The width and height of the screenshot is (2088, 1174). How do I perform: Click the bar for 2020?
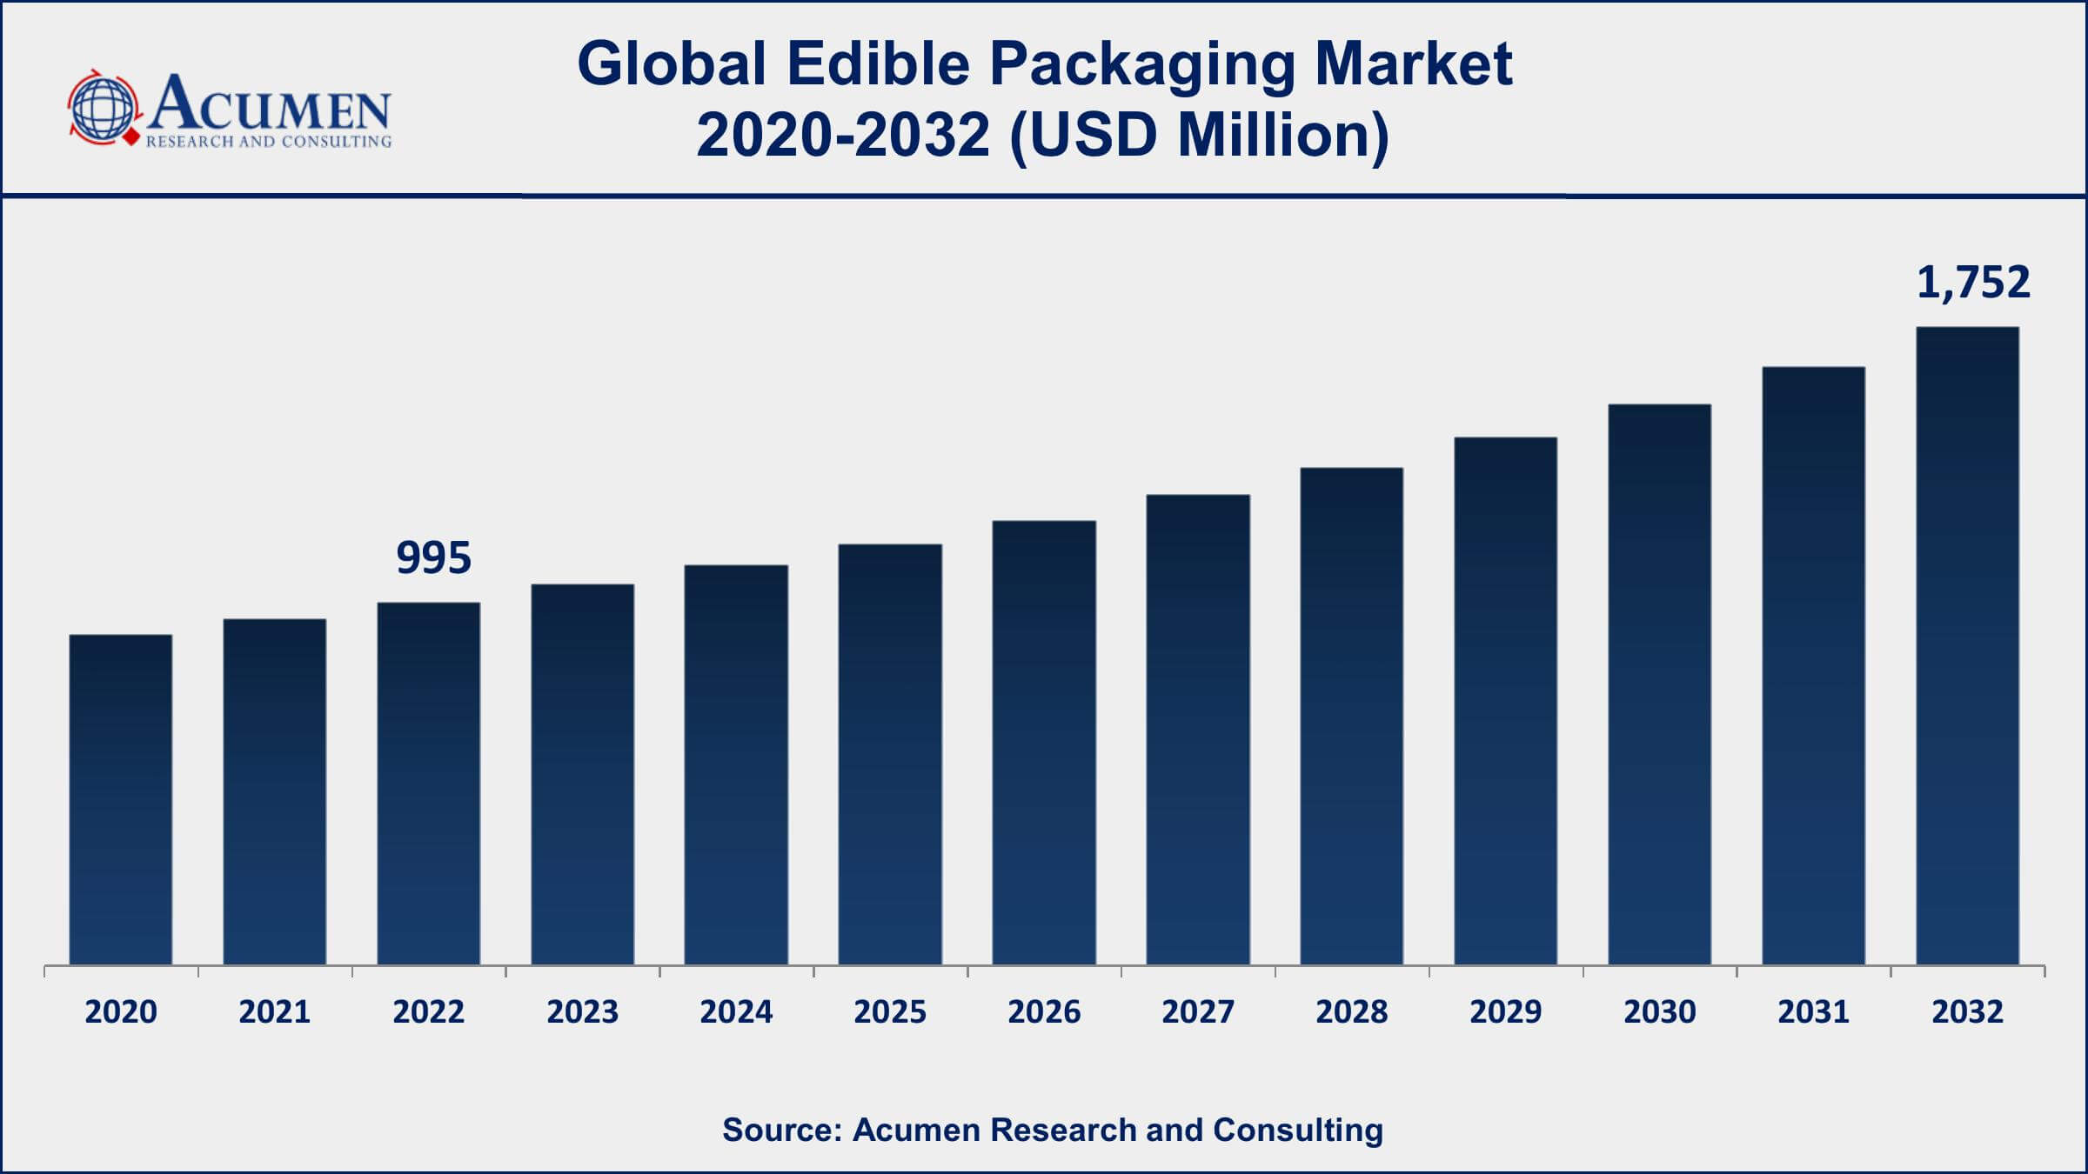(121, 800)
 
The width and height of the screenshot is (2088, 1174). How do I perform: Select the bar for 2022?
(429, 783)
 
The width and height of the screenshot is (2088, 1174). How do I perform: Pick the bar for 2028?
(1352, 717)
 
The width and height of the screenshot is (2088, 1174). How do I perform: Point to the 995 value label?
(433, 557)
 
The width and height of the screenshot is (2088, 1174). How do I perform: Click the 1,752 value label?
(1973, 283)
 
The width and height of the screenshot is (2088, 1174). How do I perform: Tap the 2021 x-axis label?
(275, 1011)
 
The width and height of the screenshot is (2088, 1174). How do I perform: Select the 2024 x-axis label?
(736, 1011)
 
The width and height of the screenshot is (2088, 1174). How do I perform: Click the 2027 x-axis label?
(1198, 1011)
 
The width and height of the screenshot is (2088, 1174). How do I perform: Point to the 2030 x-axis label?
(1659, 1011)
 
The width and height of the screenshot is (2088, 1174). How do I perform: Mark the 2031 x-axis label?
(1813, 1011)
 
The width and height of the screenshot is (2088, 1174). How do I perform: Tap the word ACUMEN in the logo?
(270, 103)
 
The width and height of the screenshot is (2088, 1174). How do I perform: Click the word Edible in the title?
(878, 64)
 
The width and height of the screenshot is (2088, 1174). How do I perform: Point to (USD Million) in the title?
(1199, 136)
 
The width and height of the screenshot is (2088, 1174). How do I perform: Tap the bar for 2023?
(583, 774)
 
